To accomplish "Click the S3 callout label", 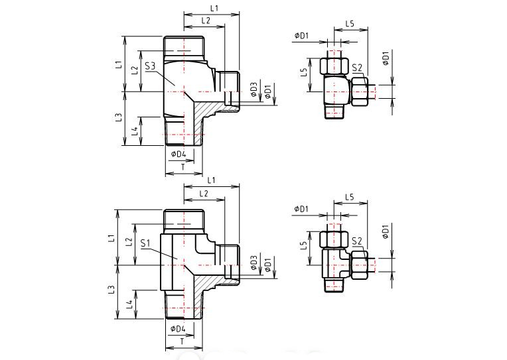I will point(149,66).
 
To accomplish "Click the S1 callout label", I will point(148,243).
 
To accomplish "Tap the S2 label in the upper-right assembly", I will point(357,68).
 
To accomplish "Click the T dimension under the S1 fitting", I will point(182,341).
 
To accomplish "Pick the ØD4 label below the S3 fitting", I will point(178,154).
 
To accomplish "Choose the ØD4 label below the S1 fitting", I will point(177,329).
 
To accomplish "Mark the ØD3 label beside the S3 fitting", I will point(254,90).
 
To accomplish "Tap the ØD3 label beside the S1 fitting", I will point(254,265).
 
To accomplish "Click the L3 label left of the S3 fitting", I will point(118,117).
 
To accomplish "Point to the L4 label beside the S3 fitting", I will point(135,131).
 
